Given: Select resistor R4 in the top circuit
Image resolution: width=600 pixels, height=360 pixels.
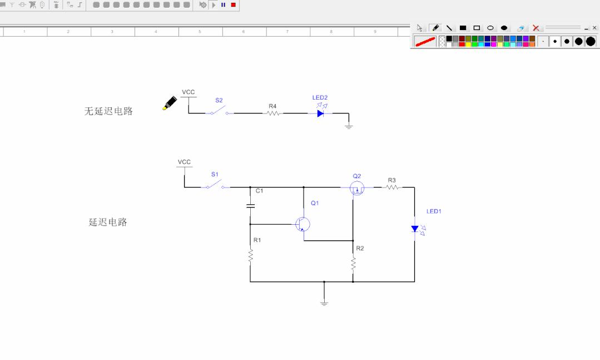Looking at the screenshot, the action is tap(273, 113).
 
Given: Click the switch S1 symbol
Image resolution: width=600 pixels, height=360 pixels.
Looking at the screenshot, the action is tap(215, 185).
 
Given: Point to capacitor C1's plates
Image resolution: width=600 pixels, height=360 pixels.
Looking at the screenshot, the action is tap(250, 206).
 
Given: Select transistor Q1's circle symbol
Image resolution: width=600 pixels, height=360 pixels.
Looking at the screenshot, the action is tap(303, 224).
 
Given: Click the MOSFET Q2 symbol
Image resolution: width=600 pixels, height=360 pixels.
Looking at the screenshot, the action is tap(357, 188).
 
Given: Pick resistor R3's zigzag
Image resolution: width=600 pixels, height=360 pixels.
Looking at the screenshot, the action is tap(392, 188).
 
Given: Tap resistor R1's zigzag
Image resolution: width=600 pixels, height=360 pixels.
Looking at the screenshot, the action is tap(251, 256).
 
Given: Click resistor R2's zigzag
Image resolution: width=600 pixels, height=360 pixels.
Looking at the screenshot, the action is tap(353, 264).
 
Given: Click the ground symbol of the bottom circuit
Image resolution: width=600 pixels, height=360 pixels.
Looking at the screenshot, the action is tap(324, 303).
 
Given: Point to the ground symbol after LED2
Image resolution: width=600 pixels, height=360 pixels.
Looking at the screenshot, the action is tap(349, 126).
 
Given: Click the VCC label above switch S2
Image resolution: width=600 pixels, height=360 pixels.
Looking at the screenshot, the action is tap(189, 92).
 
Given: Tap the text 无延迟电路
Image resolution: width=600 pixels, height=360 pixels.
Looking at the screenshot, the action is tap(108, 111).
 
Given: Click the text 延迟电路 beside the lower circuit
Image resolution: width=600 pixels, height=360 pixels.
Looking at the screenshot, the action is tap(108, 222).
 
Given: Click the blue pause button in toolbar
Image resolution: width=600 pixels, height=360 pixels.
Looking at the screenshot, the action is tap(223, 5).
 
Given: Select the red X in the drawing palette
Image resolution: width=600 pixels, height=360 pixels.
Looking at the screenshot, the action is tap(535, 28).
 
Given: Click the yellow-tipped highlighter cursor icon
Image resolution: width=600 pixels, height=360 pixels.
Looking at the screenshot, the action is tap(170, 103).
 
